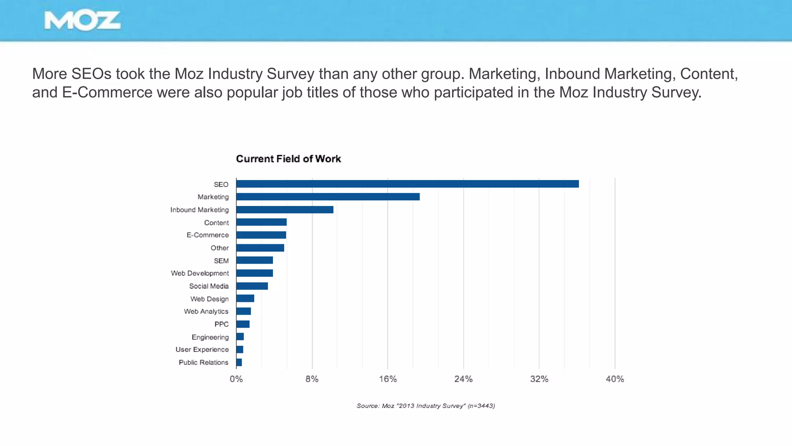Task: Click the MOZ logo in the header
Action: point(82,21)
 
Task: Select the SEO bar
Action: point(407,184)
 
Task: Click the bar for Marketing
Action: point(328,197)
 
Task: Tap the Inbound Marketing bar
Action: point(285,209)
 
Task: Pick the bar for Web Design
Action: point(245,298)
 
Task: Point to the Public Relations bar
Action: point(239,362)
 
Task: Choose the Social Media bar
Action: point(252,286)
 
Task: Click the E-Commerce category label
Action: point(208,235)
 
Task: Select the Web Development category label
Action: point(200,273)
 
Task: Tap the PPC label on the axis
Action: point(221,324)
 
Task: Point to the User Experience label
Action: point(202,349)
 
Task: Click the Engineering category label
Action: point(210,337)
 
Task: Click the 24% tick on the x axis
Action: point(463,379)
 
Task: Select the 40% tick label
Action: point(614,379)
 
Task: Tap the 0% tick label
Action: point(236,379)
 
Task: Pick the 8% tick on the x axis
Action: point(312,379)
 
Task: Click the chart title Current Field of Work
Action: point(288,159)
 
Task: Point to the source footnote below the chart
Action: point(425,406)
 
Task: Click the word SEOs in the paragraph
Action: point(91,74)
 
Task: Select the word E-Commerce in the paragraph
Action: point(107,92)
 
